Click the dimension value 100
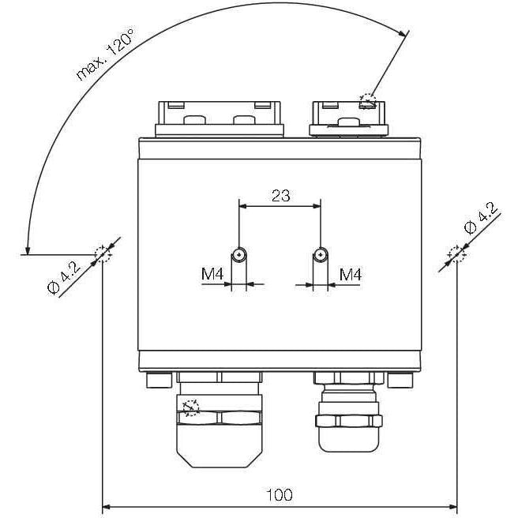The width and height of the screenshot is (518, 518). [280, 494]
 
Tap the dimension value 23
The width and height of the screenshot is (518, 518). [281, 196]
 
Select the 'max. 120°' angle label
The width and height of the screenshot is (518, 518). [105, 54]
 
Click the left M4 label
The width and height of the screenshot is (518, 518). [212, 274]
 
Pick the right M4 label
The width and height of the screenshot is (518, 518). [351, 274]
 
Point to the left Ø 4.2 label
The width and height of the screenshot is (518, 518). [64, 278]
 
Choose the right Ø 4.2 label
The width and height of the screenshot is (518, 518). [481, 219]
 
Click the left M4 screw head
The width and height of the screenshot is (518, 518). [238, 254]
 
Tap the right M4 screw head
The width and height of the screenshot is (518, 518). [321, 254]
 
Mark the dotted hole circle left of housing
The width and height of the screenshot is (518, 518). [103, 254]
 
